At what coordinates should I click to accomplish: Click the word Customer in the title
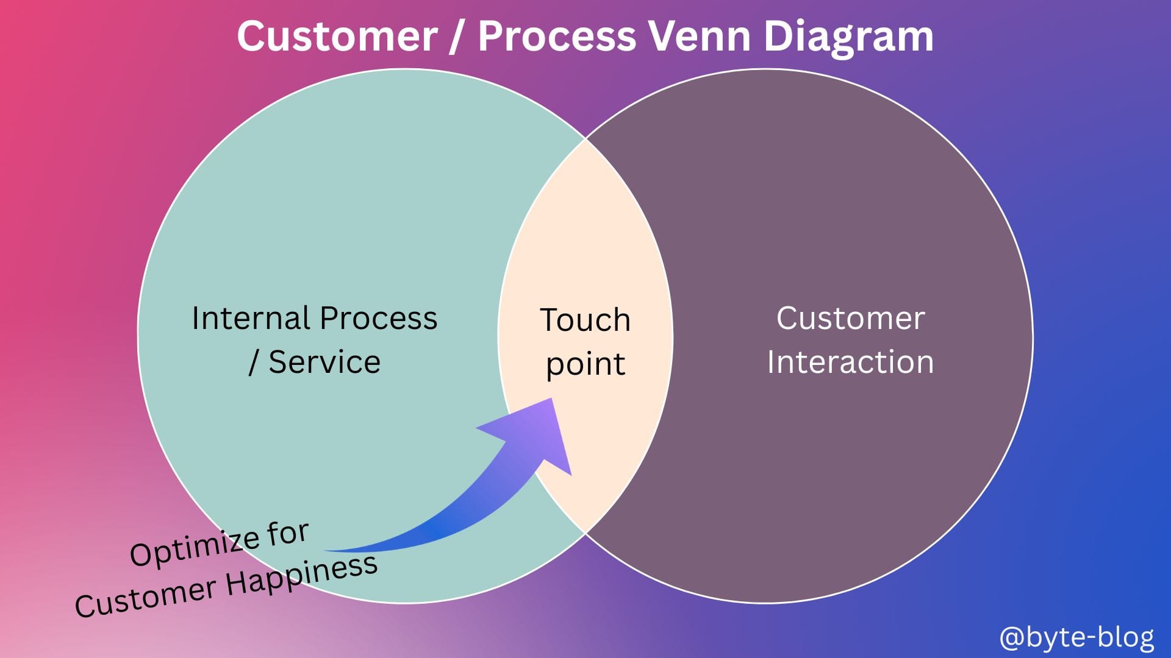(x=337, y=36)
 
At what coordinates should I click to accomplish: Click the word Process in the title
(x=557, y=36)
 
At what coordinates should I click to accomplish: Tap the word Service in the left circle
(x=324, y=362)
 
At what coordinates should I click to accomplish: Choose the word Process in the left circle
(x=378, y=318)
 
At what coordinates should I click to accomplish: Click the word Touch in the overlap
(x=585, y=320)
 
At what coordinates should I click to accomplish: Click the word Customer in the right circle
(x=850, y=318)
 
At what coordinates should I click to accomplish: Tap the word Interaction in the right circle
(x=850, y=362)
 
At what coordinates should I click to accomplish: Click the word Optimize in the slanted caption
(x=195, y=545)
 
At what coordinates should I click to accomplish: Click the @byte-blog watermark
(x=1076, y=637)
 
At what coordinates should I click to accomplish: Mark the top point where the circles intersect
(x=585, y=139)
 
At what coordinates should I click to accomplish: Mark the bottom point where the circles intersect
(x=585, y=534)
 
